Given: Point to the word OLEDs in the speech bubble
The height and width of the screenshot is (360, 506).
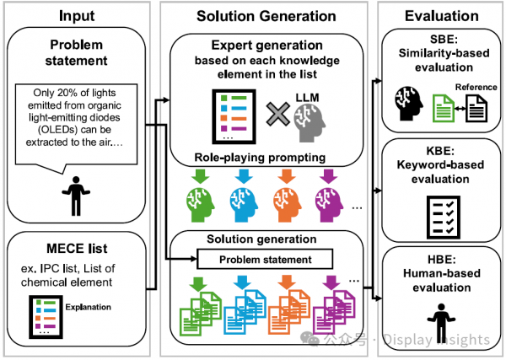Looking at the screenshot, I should click(x=51, y=130).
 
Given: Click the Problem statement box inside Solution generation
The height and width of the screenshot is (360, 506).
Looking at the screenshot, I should click(x=266, y=258).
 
